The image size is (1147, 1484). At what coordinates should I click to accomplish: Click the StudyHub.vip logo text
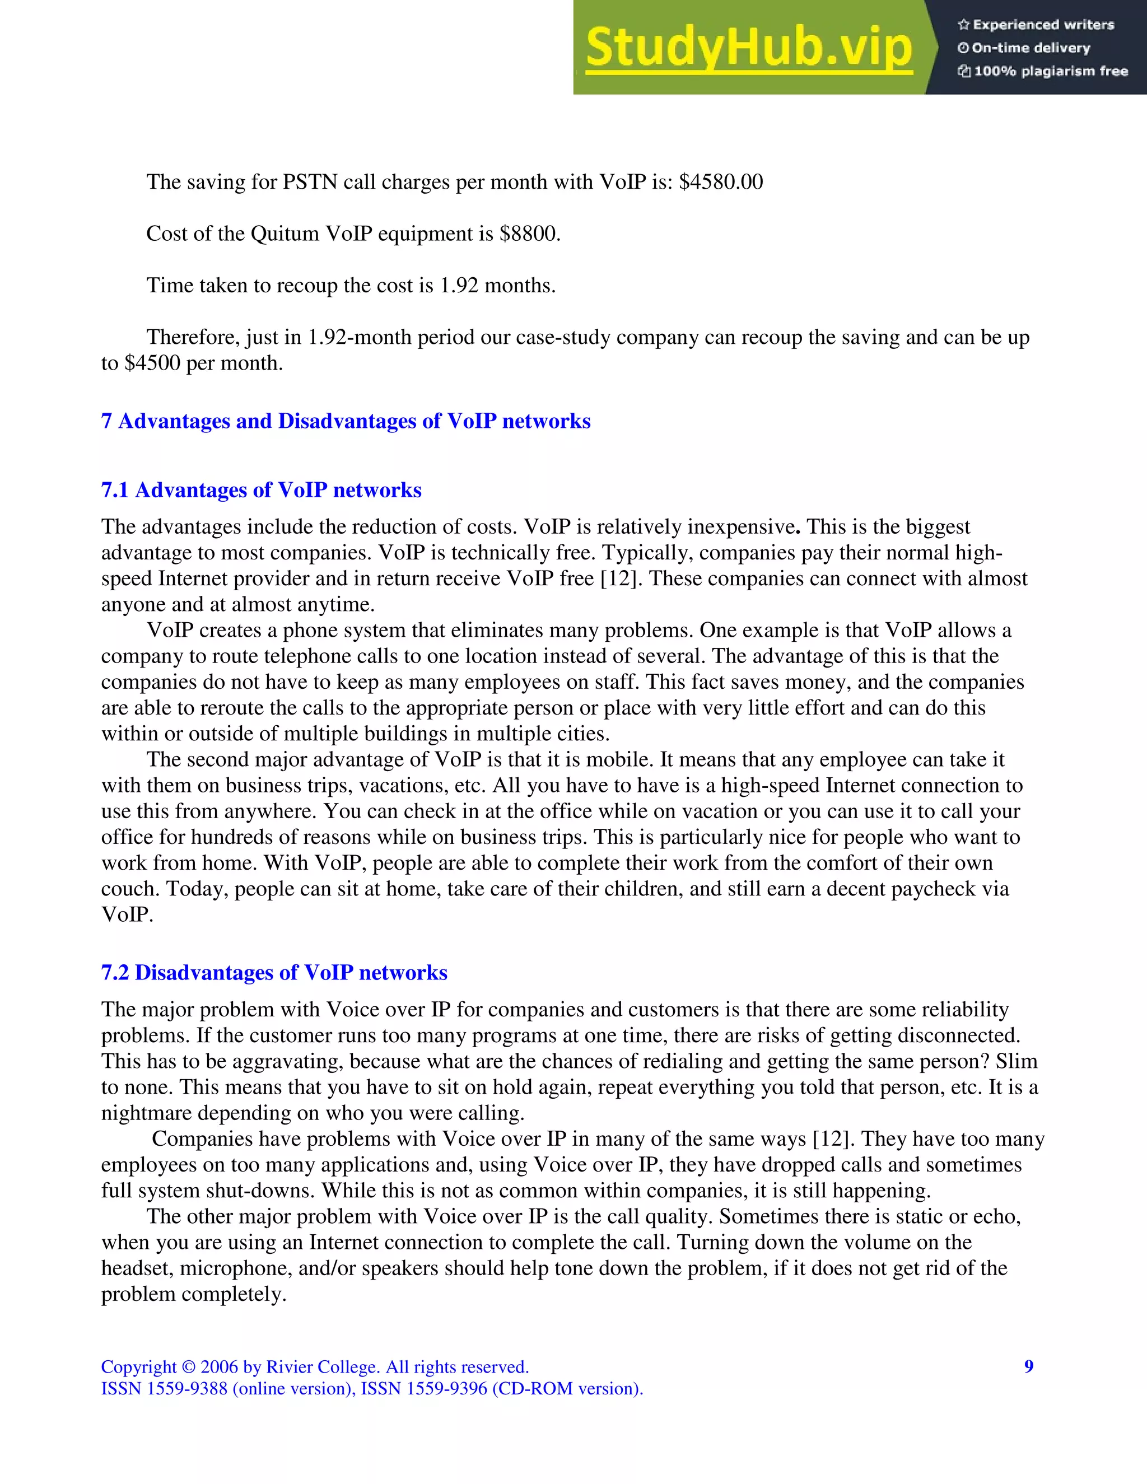pos(748,48)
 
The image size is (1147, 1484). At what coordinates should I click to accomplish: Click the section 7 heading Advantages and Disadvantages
pos(346,421)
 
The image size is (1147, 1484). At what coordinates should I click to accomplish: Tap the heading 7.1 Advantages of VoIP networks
pos(262,490)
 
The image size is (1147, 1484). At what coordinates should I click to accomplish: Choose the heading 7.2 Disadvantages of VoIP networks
pos(274,972)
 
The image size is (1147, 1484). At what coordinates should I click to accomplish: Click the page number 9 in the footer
pos(1029,1366)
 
